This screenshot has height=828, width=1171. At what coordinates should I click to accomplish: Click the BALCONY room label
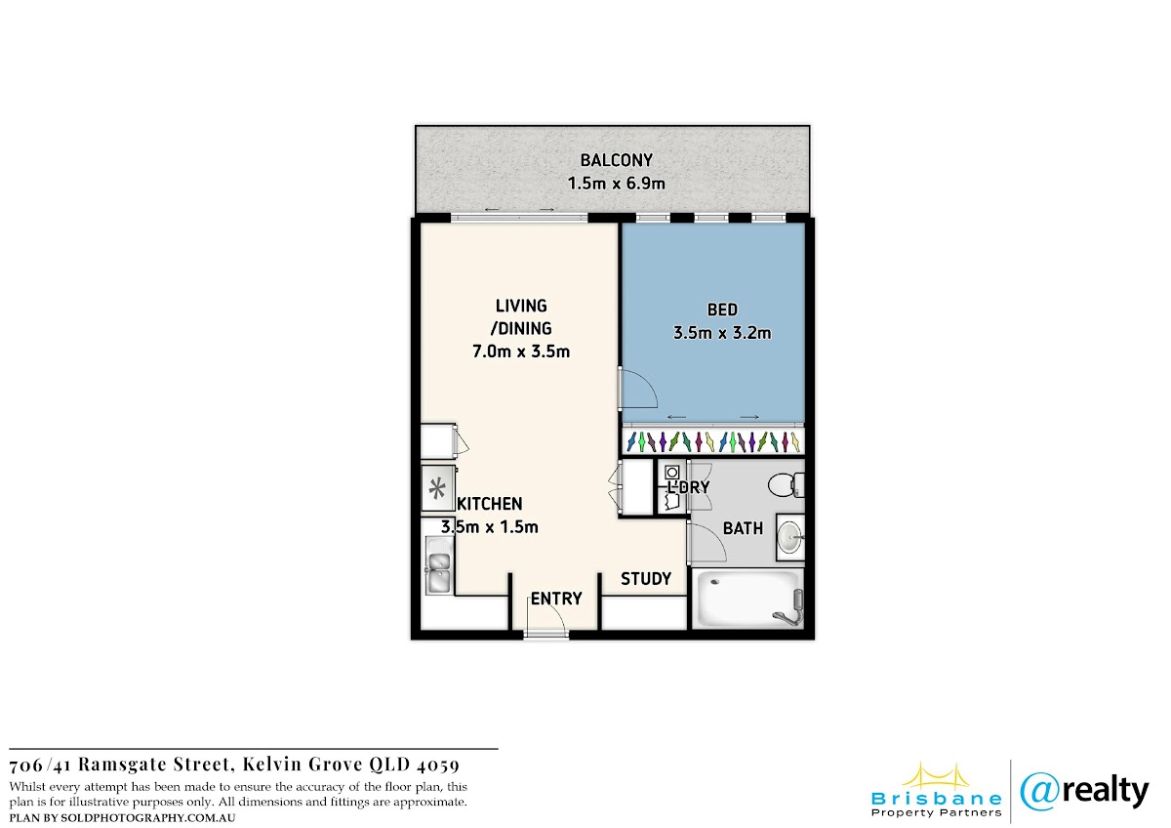(x=617, y=159)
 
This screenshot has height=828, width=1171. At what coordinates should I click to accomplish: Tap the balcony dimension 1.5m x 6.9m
(x=617, y=184)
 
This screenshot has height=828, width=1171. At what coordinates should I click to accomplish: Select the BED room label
(x=722, y=310)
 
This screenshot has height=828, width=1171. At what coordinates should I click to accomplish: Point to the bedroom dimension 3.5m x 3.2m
(x=722, y=333)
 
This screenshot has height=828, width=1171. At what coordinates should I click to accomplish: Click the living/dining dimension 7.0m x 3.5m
(x=521, y=351)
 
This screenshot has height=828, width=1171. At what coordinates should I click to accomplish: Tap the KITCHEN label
(x=489, y=504)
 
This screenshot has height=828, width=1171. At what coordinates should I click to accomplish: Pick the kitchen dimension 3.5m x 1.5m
(x=489, y=526)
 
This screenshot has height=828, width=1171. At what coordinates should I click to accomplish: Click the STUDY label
(x=646, y=578)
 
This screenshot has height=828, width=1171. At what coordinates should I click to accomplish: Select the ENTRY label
(x=556, y=599)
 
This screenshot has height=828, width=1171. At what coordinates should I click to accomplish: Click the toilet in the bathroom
(x=787, y=485)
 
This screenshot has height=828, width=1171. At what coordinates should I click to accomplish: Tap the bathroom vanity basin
(x=789, y=537)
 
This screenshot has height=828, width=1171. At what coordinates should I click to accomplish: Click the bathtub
(x=748, y=599)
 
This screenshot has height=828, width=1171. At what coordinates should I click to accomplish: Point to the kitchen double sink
(x=439, y=565)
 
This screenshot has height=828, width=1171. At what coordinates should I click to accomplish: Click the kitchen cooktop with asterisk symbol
(x=437, y=488)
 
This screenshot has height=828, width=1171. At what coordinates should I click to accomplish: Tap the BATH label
(x=743, y=528)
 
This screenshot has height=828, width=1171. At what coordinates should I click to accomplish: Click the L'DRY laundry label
(x=689, y=487)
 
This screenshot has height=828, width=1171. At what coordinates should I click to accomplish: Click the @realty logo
(x=1084, y=792)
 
